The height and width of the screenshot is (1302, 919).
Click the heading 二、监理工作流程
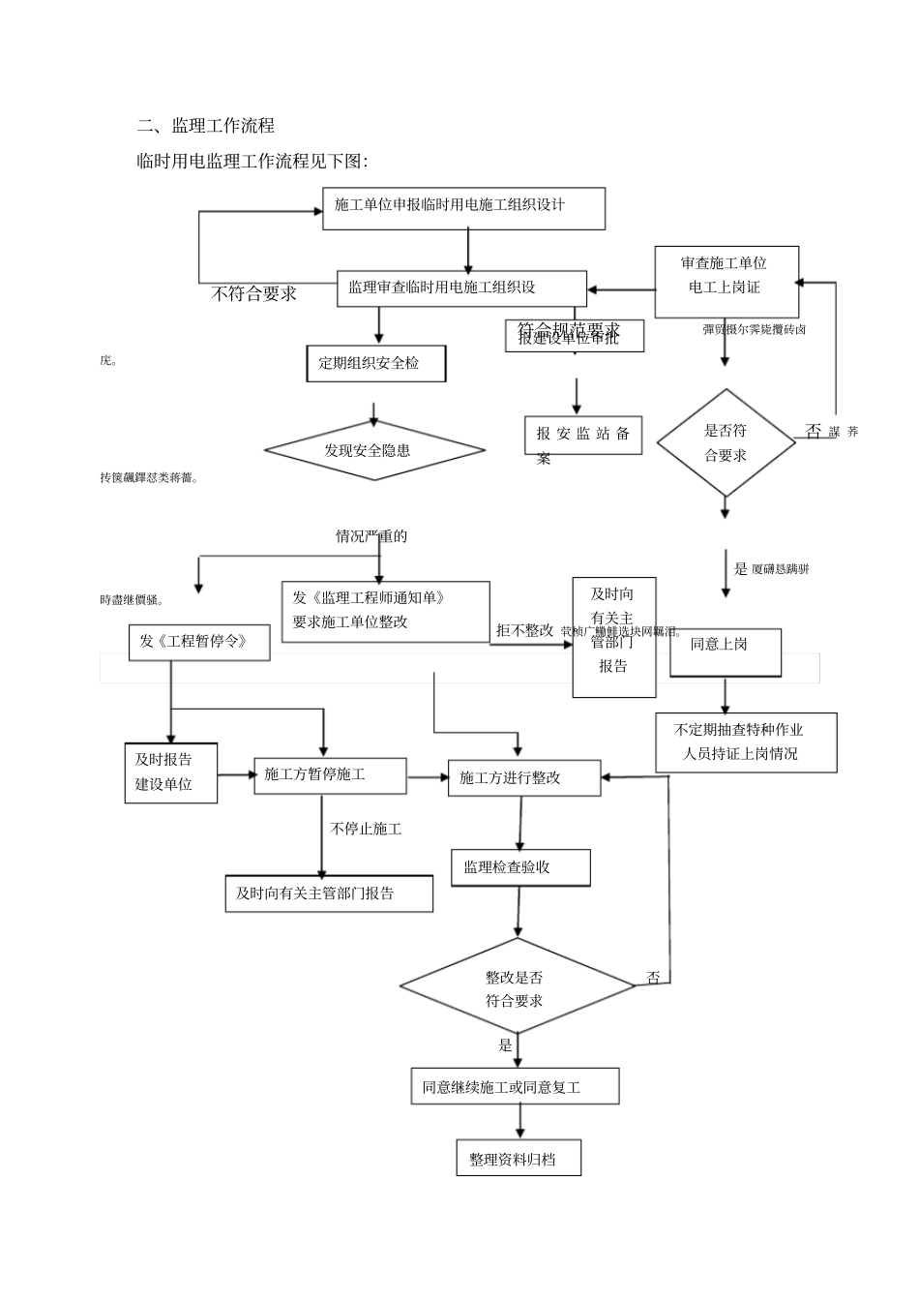tap(206, 126)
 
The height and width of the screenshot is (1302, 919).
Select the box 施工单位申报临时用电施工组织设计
tap(463, 208)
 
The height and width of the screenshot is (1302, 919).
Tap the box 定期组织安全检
tap(375, 364)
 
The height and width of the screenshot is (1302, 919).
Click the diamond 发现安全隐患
tap(374, 450)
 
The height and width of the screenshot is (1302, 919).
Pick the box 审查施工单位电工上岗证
tap(726, 282)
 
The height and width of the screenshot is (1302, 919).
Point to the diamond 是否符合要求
tap(726, 443)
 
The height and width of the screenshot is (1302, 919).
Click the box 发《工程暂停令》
tap(198, 642)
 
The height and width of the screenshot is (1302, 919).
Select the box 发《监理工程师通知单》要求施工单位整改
tap(385, 611)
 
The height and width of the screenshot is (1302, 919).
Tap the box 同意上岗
tap(725, 646)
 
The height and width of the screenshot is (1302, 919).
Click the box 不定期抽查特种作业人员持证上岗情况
tap(746, 742)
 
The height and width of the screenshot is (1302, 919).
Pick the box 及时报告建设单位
tap(170, 772)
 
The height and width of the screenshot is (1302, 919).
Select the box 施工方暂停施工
tap(315, 774)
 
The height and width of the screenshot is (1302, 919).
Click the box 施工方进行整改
tap(523, 777)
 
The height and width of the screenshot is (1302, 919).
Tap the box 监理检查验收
tap(520, 867)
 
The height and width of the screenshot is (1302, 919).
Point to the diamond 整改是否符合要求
tap(517, 988)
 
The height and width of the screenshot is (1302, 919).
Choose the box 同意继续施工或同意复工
tap(515, 1087)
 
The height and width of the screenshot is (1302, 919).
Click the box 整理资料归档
tap(519, 1159)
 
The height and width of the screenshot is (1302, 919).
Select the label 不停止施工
tap(367, 829)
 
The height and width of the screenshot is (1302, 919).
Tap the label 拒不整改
tap(523, 630)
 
